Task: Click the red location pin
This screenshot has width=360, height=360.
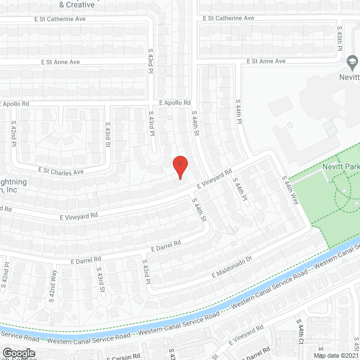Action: coord(179,166)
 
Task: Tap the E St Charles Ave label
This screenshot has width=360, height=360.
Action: coord(61,170)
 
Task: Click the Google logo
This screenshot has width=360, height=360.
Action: coord(18,353)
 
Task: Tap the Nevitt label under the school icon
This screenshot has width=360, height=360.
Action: coord(349,78)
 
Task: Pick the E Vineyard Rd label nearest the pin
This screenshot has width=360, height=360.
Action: coord(214,179)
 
